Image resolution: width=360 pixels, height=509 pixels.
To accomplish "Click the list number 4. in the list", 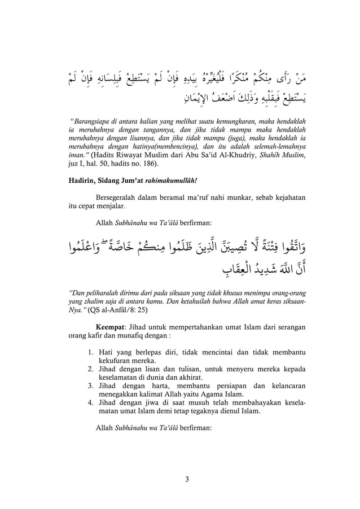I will point(91,403).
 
